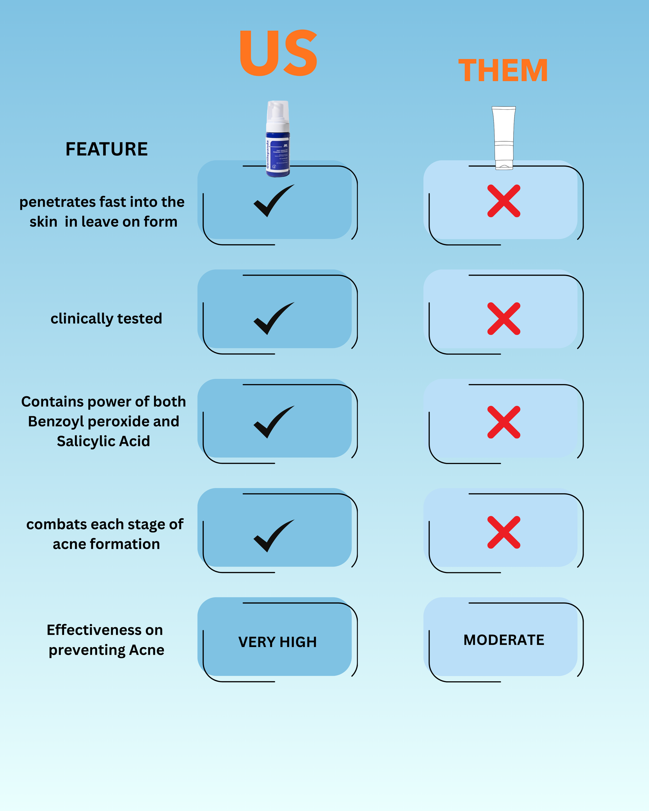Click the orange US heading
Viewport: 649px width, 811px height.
pyautogui.click(x=278, y=53)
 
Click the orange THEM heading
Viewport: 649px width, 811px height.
pyautogui.click(x=503, y=70)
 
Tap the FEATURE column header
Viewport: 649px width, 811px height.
pyautogui.click(x=106, y=149)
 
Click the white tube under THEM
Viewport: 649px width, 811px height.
pyautogui.click(x=504, y=137)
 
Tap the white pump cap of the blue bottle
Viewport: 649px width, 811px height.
pyautogui.click(x=278, y=113)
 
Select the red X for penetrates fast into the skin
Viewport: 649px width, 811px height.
pyautogui.click(x=504, y=201)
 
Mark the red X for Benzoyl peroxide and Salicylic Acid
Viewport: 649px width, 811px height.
pyautogui.click(x=504, y=422)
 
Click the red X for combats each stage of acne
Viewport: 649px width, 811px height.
pyautogui.click(x=504, y=532)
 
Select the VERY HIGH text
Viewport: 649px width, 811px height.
pyautogui.click(x=277, y=642)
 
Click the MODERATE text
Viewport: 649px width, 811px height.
pyautogui.click(x=504, y=640)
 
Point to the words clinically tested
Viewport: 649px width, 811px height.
pyautogui.click(x=106, y=319)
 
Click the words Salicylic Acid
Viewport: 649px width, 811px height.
pyautogui.click(x=103, y=441)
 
